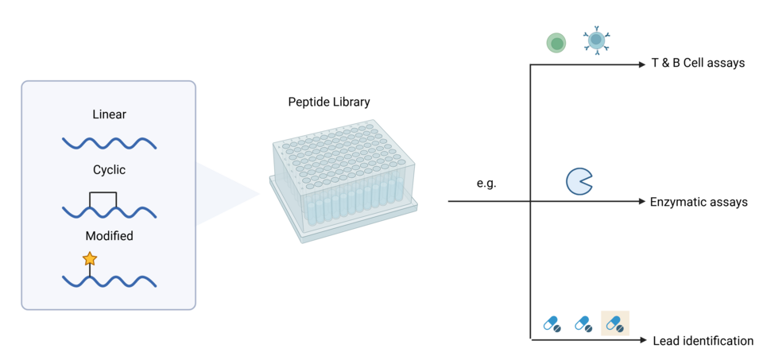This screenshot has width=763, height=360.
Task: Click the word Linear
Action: pyautogui.click(x=110, y=115)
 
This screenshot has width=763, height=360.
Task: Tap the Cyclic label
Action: pyautogui.click(x=110, y=170)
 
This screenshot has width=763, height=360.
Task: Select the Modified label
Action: pyautogui.click(x=110, y=237)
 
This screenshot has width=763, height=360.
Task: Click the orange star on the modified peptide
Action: pyautogui.click(x=90, y=258)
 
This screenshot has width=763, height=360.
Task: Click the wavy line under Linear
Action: pyautogui.click(x=110, y=144)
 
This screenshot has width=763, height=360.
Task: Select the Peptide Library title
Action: pyautogui.click(x=329, y=103)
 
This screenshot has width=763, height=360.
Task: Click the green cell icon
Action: pyautogui.click(x=556, y=43)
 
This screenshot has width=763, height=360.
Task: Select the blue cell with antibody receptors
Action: pyautogui.click(x=596, y=41)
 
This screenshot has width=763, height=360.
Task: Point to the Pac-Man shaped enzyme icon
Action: pyautogui.click(x=579, y=182)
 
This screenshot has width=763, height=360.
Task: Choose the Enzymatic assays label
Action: pyautogui.click(x=699, y=202)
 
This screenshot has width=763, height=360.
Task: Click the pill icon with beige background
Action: pyautogui.click(x=615, y=323)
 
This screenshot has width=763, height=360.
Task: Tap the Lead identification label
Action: pyautogui.click(x=703, y=341)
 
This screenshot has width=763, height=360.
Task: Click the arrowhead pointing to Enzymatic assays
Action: pyautogui.click(x=641, y=201)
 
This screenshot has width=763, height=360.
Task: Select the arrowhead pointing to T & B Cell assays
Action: pyautogui.click(x=641, y=64)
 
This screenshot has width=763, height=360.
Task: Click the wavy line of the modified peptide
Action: pyautogui.click(x=110, y=281)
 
